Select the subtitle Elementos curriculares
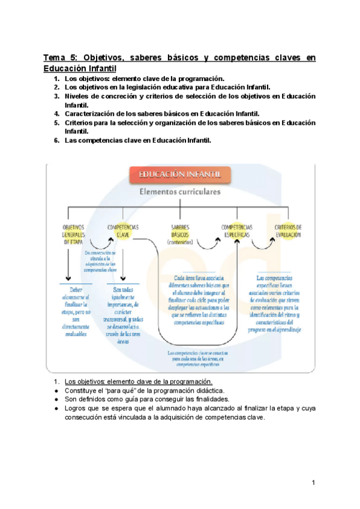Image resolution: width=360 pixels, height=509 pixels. point(179,193)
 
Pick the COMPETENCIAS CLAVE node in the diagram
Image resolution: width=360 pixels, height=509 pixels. point(123,231)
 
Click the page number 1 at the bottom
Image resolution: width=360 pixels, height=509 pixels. point(313,482)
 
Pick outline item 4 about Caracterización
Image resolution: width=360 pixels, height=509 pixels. point(162,113)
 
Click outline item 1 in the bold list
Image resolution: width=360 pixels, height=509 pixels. point(144,78)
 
